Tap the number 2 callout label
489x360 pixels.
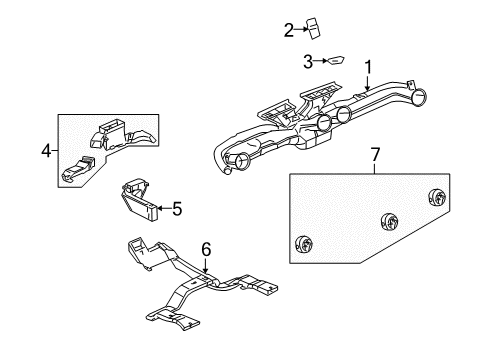pyautogui.click(x=288, y=30)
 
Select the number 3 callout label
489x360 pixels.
pyautogui.click(x=309, y=62)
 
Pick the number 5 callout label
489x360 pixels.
pyautogui.click(x=177, y=209)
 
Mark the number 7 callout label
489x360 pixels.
pyautogui.click(x=375, y=155)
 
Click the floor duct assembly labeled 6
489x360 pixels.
pyautogui.click(x=200, y=290)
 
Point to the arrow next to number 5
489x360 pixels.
pyautogui.click(x=163, y=209)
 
